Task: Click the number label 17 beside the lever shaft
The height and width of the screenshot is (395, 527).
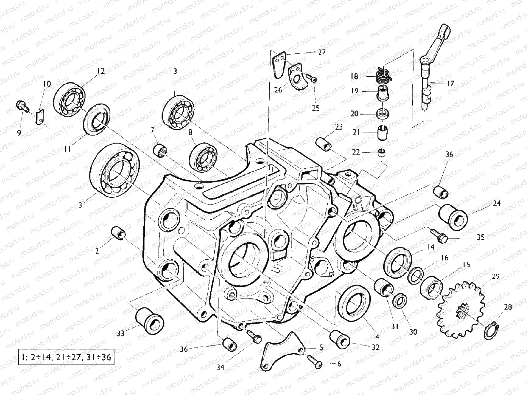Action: [451, 83]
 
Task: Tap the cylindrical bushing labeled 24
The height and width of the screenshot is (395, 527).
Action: [453, 217]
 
